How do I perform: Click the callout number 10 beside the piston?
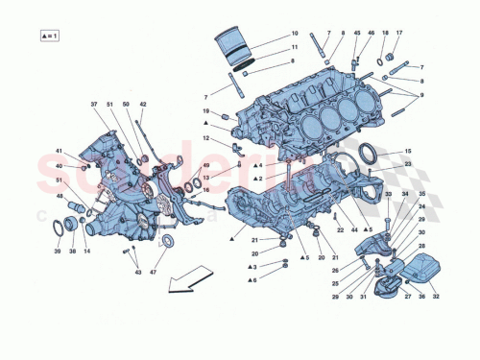point(295,34)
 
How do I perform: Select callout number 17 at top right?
point(399,34)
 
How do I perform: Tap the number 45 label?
point(356,34)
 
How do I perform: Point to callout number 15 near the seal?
point(407,153)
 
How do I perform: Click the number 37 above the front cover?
point(94,104)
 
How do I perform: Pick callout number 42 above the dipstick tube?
point(143,104)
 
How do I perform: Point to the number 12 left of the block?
point(205,139)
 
